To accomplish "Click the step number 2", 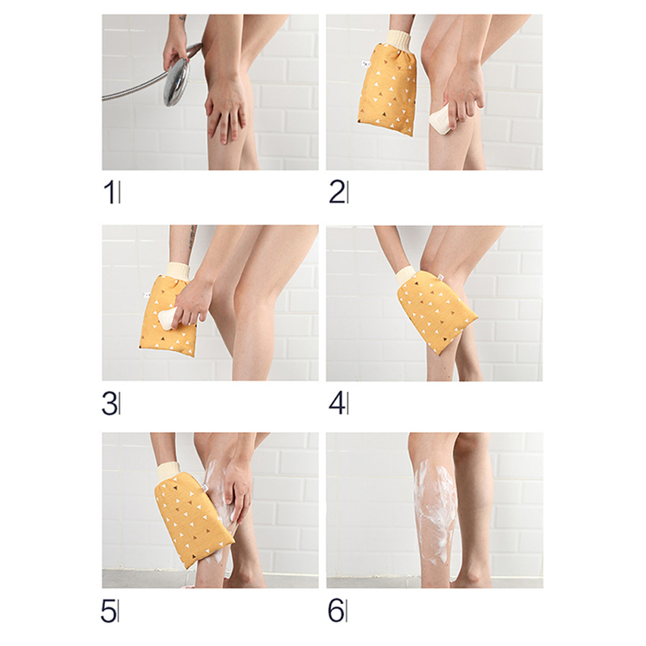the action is pos(337,192).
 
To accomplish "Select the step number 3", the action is pos(109,403).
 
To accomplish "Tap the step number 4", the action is pos(337,403).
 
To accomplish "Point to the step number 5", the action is pos(108,612).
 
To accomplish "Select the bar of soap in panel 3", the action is pos(168,318).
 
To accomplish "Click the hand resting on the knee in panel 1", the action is pos(226,108).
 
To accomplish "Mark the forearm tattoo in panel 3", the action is pos(191,237).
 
